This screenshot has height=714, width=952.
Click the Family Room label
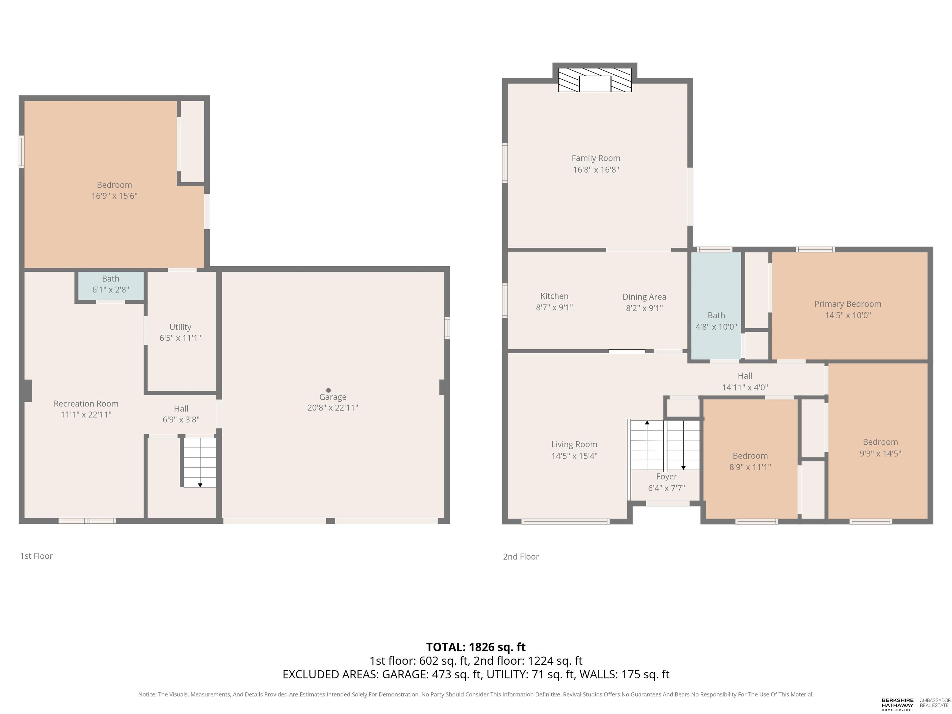pos(596,158)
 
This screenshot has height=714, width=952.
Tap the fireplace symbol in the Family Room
pos(595,80)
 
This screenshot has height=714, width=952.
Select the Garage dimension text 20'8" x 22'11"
pos(333,408)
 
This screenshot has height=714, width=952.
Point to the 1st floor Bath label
pos(111,279)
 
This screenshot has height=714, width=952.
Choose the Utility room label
pos(180,327)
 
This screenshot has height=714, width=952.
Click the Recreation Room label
pos(86,404)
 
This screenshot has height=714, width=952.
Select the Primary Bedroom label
pos(848,304)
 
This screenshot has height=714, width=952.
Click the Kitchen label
pos(554,296)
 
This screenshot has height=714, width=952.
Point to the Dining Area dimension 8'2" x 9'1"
pos(644,308)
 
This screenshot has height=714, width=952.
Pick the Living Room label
pos(574,445)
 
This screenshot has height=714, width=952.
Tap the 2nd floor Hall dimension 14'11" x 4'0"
pos(745,387)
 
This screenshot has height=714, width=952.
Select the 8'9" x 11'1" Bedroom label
pos(750,461)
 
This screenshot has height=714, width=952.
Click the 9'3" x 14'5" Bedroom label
pos(880,447)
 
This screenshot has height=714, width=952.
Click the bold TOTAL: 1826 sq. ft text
pos(476,647)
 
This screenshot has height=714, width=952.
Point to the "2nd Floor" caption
pos(521,557)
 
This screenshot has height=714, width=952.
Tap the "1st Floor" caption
pos(37,556)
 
